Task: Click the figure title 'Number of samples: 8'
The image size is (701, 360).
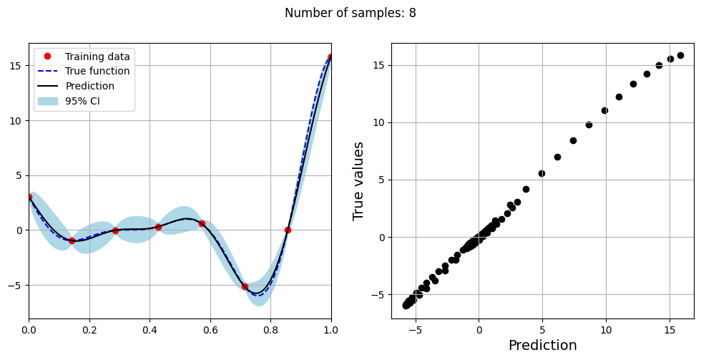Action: [x=350, y=13]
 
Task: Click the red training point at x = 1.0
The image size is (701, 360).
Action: [x=331, y=57]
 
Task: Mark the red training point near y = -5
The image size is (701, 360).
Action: [x=245, y=286]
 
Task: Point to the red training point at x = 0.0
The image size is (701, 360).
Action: [x=29, y=197]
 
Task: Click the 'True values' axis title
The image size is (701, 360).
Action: [x=358, y=181]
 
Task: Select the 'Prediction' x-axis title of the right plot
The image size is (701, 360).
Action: [x=542, y=346]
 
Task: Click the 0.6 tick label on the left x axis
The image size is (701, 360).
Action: [x=210, y=331]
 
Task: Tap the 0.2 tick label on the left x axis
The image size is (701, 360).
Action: [x=89, y=331]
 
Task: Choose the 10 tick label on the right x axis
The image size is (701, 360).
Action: [x=606, y=331]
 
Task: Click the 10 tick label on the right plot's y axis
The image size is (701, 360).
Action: [x=379, y=122]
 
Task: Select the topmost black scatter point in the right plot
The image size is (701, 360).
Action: [x=680, y=55]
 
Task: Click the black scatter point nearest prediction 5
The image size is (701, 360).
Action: [x=541, y=173]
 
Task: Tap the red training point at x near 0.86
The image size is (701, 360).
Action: [x=288, y=230]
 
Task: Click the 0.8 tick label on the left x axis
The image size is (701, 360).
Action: [x=271, y=331]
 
